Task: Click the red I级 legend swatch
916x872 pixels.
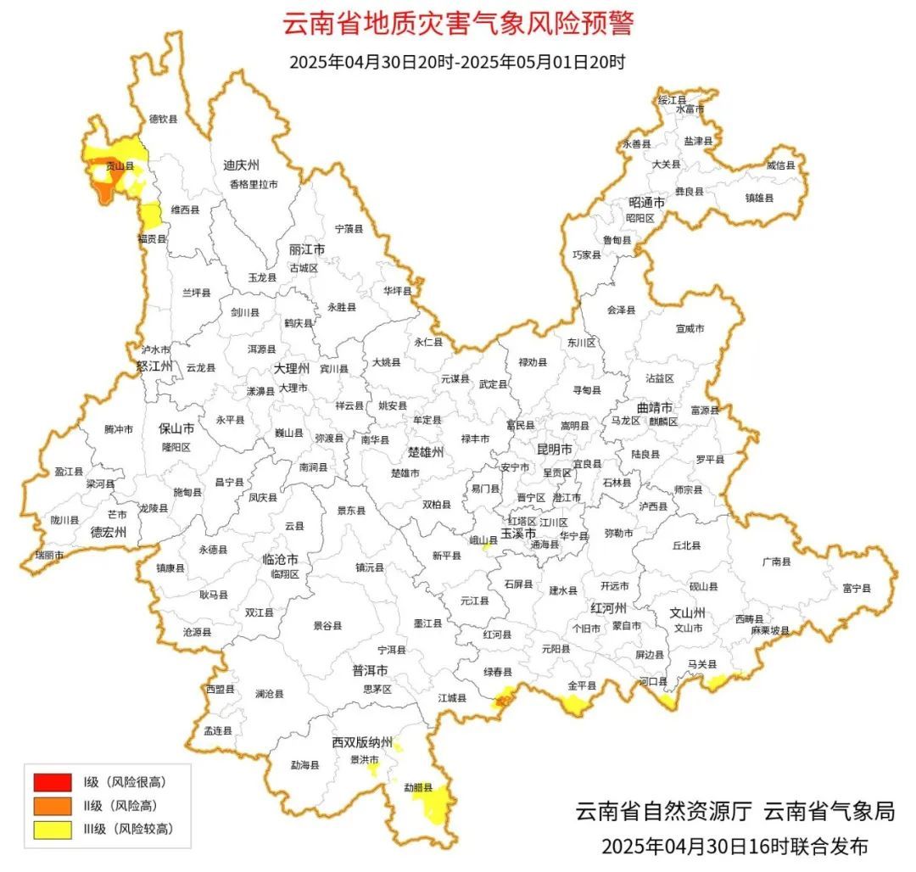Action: (52, 781)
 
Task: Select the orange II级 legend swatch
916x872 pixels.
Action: (52, 805)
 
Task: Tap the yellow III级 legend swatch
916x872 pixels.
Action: (52, 829)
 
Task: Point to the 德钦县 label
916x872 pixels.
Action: (163, 120)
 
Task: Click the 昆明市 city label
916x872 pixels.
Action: (555, 449)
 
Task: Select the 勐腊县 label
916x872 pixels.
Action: (418, 787)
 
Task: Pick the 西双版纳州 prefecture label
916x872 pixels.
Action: (362, 742)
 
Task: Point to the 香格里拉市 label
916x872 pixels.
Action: (253, 184)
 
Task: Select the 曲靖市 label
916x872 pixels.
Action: (655, 408)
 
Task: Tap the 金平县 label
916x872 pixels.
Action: (582, 685)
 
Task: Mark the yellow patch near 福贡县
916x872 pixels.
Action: (151, 215)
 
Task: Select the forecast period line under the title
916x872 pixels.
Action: (457, 62)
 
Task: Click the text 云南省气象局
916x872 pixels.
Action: (829, 811)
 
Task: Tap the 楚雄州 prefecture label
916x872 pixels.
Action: (426, 452)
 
